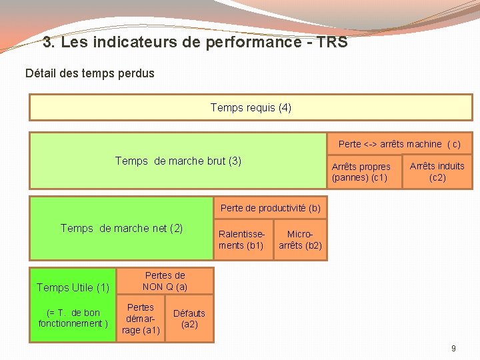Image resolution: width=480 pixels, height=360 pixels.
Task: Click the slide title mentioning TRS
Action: click(195, 43)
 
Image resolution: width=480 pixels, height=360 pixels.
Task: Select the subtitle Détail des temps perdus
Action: click(89, 73)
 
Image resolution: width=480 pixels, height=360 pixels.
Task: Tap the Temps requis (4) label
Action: click(251, 107)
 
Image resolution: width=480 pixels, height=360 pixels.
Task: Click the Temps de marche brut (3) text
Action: click(178, 161)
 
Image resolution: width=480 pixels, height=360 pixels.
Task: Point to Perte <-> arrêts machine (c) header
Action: click(399, 144)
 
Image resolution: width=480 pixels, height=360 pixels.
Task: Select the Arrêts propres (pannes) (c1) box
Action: click(361, 172)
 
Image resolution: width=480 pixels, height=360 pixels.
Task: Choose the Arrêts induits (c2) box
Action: click(437, 172)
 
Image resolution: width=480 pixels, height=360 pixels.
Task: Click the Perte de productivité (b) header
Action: click(270, 208)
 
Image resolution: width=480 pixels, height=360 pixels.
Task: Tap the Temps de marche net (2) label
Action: click(121, 228)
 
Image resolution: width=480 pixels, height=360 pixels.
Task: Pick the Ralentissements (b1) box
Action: click(241, 240)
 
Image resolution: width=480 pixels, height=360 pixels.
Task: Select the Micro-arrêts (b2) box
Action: click(300, 240)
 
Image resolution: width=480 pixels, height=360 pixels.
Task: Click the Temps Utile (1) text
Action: click(73, 287)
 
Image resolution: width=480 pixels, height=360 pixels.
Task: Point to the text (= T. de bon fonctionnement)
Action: click(73, 318)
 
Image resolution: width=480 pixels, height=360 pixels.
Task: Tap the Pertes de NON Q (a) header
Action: click(165, 281)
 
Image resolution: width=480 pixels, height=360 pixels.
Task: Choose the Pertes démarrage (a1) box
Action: click(141, 319)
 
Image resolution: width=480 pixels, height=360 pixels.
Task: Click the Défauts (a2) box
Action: click(189, 319)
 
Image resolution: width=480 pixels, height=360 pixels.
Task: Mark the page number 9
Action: click(453, 348)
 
